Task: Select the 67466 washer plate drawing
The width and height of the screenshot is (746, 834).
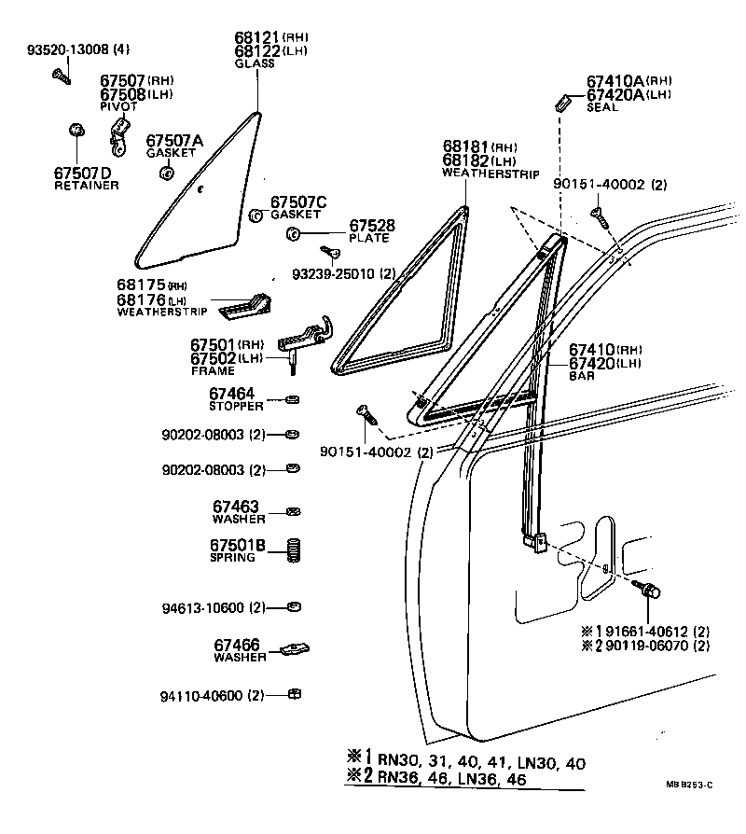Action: (295, 648)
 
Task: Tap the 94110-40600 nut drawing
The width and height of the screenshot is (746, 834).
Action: (295, 694)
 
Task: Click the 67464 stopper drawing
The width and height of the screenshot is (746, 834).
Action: (293, 400)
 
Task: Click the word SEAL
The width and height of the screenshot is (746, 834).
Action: (602, 107)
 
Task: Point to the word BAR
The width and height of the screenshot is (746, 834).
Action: (582, 376)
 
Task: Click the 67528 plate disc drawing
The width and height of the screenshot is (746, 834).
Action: (293, 233)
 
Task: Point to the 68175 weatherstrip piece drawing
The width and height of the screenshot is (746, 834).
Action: (244, 306)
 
